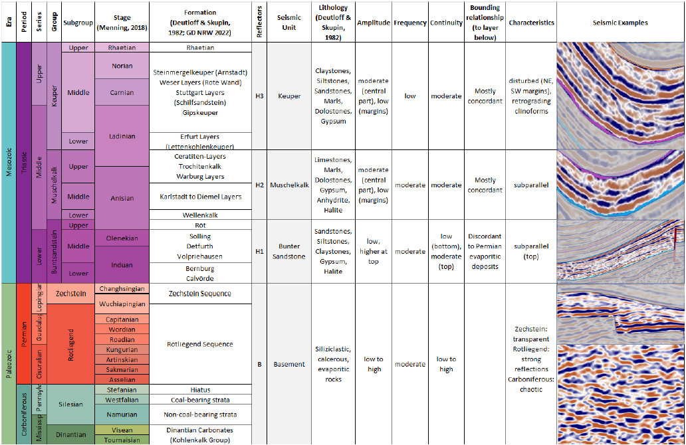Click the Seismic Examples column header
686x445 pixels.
(x=620, y=23)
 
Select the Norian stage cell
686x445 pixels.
(x=122, y=66)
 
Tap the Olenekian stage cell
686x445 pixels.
(x=122, y=237)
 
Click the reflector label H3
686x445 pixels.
(x=259, y=96)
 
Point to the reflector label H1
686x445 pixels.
(x=259, y=252)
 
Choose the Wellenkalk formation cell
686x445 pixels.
(x=200, y=215)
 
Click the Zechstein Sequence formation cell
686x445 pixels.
(x=200, y=294)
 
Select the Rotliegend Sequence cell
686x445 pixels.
(x=200, y=344)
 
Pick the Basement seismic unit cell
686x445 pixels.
(x=289, y=364)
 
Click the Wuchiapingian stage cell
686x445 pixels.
(x=122, y=304)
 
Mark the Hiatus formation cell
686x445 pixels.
(x=200, y=390)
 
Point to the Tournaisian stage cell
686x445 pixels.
(x=122, y=440)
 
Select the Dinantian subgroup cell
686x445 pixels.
(x=71, y=435)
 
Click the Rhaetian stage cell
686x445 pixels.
(x=122, y=48)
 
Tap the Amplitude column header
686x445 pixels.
(x=374, y=23)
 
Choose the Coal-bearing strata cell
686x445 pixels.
(x=200, y=400)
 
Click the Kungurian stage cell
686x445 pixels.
(x=122, y=349)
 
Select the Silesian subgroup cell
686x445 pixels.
(x=71, y=404)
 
